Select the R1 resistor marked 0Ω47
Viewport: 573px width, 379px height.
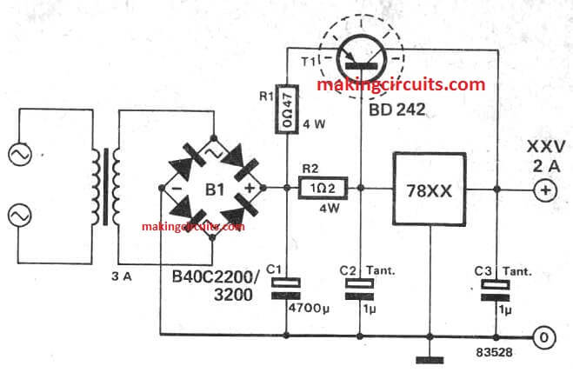click(x=286, y=110)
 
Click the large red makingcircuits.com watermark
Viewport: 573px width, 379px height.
click(x=400, y=84)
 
